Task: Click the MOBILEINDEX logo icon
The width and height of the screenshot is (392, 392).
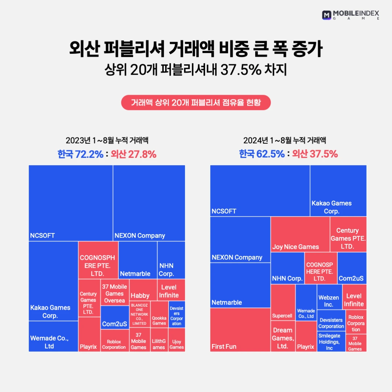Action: pyautogui.click(x=327, y=15)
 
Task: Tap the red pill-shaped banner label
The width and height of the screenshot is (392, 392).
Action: pyautogui.click(x=196, y=102)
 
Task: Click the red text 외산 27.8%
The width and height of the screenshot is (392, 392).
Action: pyautogui.click(x=134, y=154)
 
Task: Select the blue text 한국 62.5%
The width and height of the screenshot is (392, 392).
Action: pyautogui.click(x=261, y=154)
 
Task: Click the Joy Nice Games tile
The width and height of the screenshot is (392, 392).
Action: pyautogui.click(x=300, y=234)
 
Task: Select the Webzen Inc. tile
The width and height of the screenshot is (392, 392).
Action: pyautogui.click(x=330, y=297)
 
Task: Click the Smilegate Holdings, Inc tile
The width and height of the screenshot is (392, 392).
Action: pyautogui.click(x=331, y=341)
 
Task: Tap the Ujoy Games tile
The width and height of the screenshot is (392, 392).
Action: pyautogui.click(x=177, y=340)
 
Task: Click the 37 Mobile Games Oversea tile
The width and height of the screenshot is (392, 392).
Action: pyautogui.click(x=114, y=293)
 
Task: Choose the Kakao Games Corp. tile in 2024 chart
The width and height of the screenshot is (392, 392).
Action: pyautogui.click(x=338, y=191)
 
